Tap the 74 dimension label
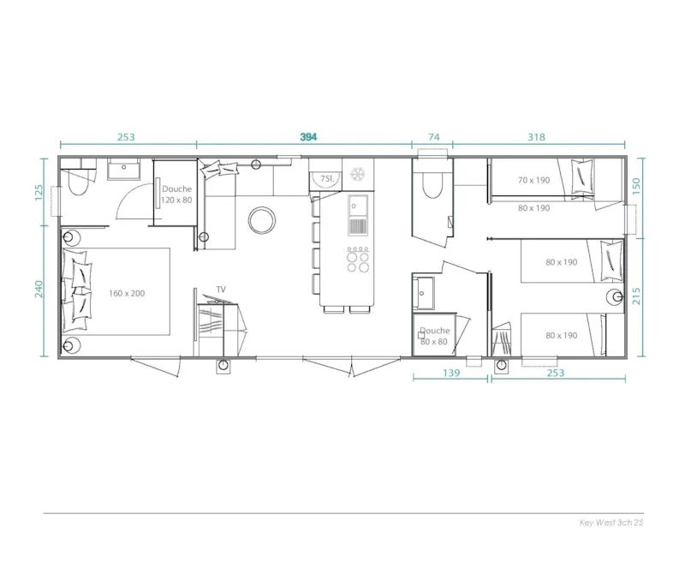(x=433, y=137)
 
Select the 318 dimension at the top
(x=537, y=137)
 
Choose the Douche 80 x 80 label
(x=434, y=336)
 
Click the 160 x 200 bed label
(x=127, y=293)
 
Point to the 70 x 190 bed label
(x=533, y=180)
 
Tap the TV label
(x=221, y=290)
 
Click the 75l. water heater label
(x=326, y=178)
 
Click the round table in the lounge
(x=262, y=221)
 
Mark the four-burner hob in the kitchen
(x=358, y=259)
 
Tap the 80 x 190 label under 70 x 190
(x=533, y=207)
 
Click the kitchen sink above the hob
(x=356, y=206)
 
